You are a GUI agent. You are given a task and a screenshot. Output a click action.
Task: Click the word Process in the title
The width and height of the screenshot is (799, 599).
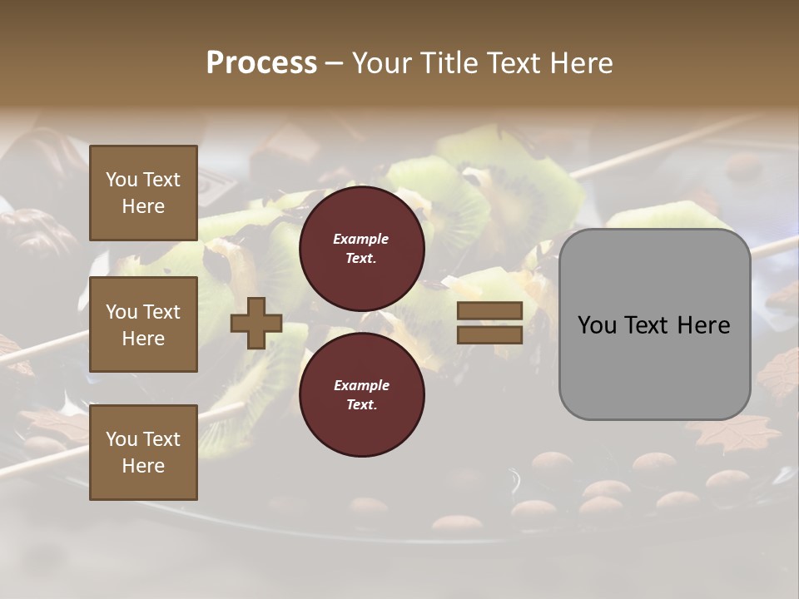(x=261, y=63)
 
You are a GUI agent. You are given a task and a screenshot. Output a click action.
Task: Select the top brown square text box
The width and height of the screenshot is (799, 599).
(x=143, y=193)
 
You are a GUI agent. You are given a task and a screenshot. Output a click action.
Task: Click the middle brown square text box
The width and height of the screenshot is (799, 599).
(x=143, y=324)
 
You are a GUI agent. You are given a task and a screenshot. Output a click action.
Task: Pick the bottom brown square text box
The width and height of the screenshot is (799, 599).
(x=143, y=453)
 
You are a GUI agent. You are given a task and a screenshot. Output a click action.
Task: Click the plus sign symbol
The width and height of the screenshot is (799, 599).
(x=256, y=323)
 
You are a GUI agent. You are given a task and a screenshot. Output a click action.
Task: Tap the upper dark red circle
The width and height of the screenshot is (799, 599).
(x=361, y=248)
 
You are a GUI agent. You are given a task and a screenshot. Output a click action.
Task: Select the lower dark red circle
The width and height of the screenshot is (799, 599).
(x=361, y=394)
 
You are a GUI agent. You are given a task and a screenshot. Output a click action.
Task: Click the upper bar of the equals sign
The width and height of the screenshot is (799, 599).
(x=489, y=310)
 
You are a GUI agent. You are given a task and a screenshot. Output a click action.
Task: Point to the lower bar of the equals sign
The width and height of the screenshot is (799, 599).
(x=489, y=334)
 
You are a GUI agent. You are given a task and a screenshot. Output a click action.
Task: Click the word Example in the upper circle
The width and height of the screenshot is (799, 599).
(x=361, y=240)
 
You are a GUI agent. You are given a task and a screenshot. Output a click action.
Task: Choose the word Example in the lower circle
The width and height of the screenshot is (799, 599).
(x=361, y=385)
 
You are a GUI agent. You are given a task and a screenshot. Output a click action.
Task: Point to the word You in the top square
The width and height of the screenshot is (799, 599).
(x=122, y=180)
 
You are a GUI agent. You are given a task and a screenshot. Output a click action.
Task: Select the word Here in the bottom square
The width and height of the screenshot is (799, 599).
(x=143, y=466)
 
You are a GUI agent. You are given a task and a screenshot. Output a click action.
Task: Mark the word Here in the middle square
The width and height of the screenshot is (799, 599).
(x=143, y=339)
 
